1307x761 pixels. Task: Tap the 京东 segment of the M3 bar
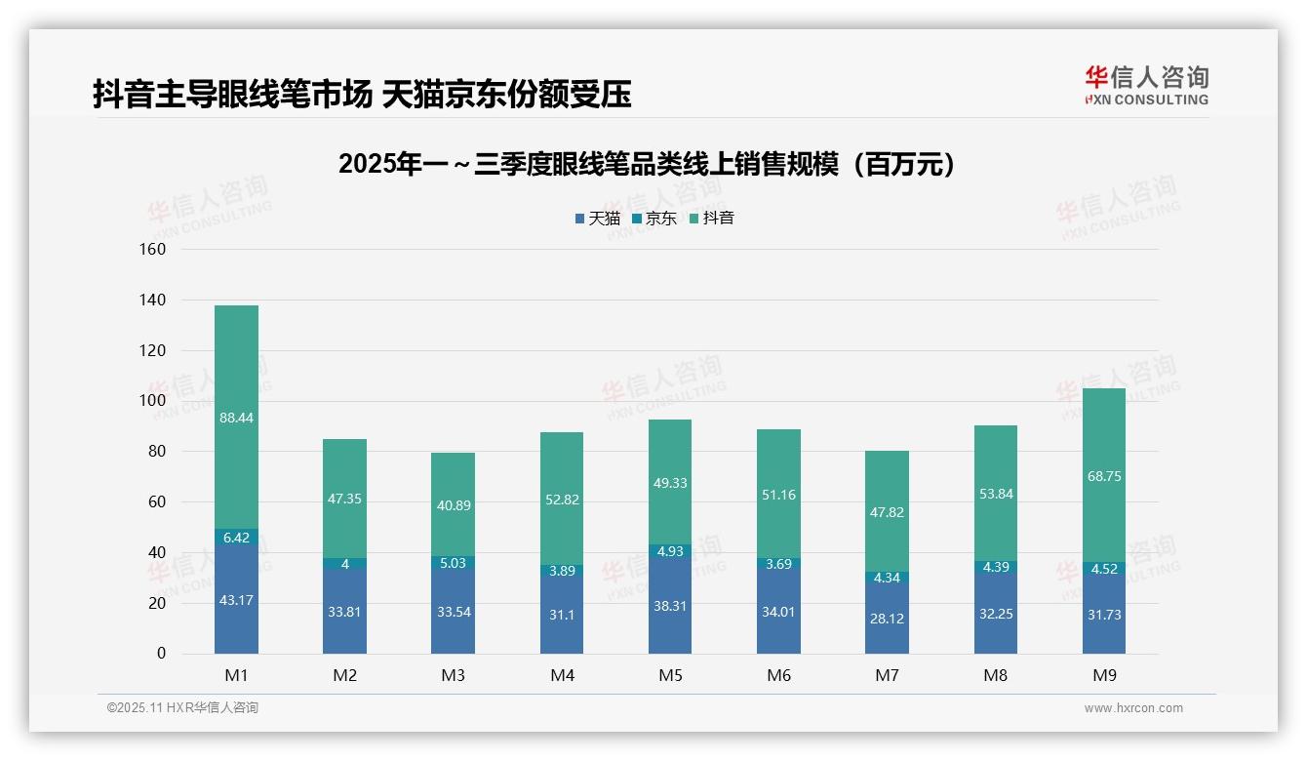[x=454, y=563]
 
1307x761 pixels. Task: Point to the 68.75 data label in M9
[x=1103, y=477]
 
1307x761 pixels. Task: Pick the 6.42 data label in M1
[x=236, y=538]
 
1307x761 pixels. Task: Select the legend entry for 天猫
[x=598, y=219]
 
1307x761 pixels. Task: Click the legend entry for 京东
[x=654, y=219]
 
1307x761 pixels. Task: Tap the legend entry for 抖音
[x=712, y=219]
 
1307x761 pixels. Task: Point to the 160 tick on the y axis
[x=154, y=249]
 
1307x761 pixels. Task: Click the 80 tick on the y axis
[x=157, y=452]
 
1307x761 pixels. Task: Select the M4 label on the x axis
[x=562, y=676]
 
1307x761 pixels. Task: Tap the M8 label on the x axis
[x=995, y=676]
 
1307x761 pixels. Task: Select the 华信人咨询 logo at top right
[x=1146, y=86]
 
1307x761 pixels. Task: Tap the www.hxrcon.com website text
[x=1133, y=708]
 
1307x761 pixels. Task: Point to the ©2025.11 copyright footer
[x=182, y=708]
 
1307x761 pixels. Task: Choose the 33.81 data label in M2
[x=344, y=613]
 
